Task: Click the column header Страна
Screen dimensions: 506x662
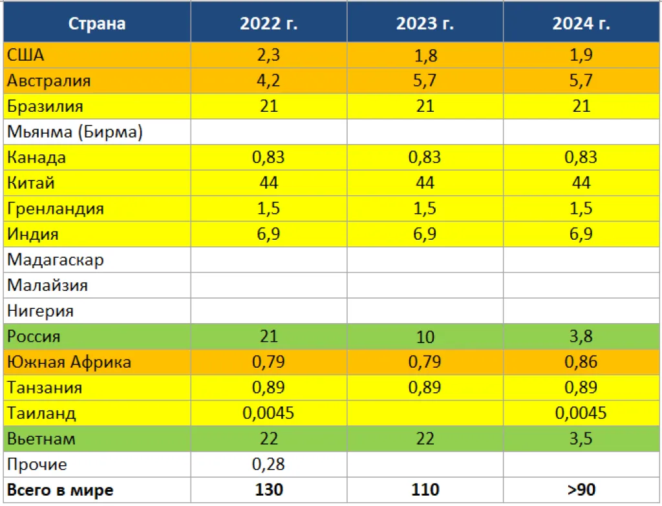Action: tap(97, 24)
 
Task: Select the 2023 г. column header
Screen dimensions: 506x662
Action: tap(425, 24)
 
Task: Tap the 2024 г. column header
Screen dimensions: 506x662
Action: tap(581, 24)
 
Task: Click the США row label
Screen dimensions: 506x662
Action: tap(26, 55)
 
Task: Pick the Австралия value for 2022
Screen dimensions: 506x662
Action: tap(268, 81)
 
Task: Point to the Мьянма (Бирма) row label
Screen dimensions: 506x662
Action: tap(75, 132)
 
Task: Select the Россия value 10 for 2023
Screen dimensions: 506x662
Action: tap(425, 337)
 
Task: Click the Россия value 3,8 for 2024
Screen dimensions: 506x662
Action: tap(581, 336)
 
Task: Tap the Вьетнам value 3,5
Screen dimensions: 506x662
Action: tap(581, 439)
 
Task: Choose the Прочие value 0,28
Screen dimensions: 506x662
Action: tap(268, 465)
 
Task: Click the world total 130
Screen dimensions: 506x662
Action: tap(268, 490)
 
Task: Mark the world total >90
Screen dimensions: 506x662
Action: tap(581, 490)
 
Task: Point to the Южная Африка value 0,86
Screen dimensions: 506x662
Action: tap(581, 362)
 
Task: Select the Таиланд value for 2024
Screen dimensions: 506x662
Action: tap(581, 413)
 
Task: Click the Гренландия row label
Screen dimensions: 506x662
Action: tap(56, 209)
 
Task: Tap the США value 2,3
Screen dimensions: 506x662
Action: tap(268, 55)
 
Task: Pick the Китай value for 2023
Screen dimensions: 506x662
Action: tap(425, 183)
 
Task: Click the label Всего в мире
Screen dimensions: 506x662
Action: tap(60, 490)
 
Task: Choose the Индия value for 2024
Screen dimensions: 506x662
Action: tap(581, 234)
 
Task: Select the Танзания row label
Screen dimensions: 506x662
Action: tap(45, 388)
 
